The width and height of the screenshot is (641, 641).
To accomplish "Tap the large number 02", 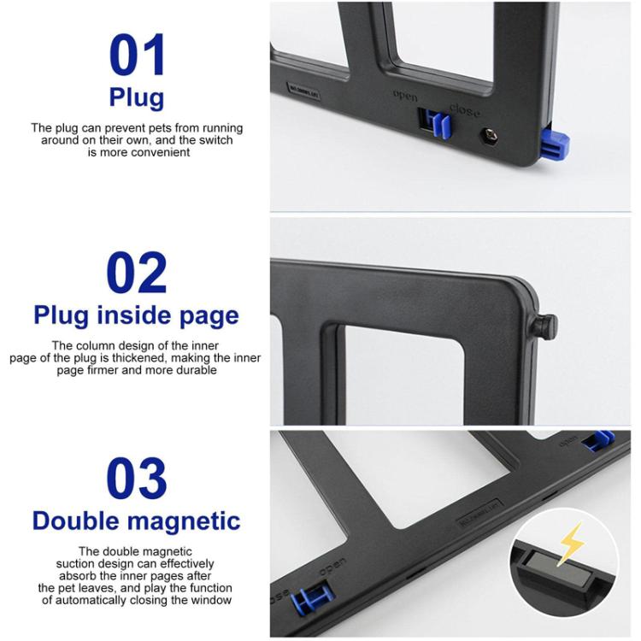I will tap(137, 274).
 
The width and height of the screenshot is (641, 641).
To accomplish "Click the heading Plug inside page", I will tap(137, 315).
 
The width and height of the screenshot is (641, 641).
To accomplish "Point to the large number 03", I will tap(137, 479).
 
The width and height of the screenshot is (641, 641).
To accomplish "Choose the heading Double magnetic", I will tap(137, 520).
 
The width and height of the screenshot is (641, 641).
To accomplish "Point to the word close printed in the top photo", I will tap(465, 110).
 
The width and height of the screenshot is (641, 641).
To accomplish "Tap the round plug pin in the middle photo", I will tap(547, 326).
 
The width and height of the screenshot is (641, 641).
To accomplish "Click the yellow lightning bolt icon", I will tap(570, 543).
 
